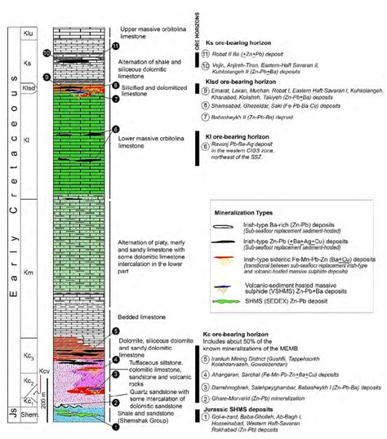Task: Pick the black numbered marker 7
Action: click(x=115, y=98)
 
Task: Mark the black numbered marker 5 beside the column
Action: click(x=115, y=331)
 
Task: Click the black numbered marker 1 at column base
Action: click(x=115, y=427)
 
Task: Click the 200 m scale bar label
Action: click(x=44, y=397)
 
